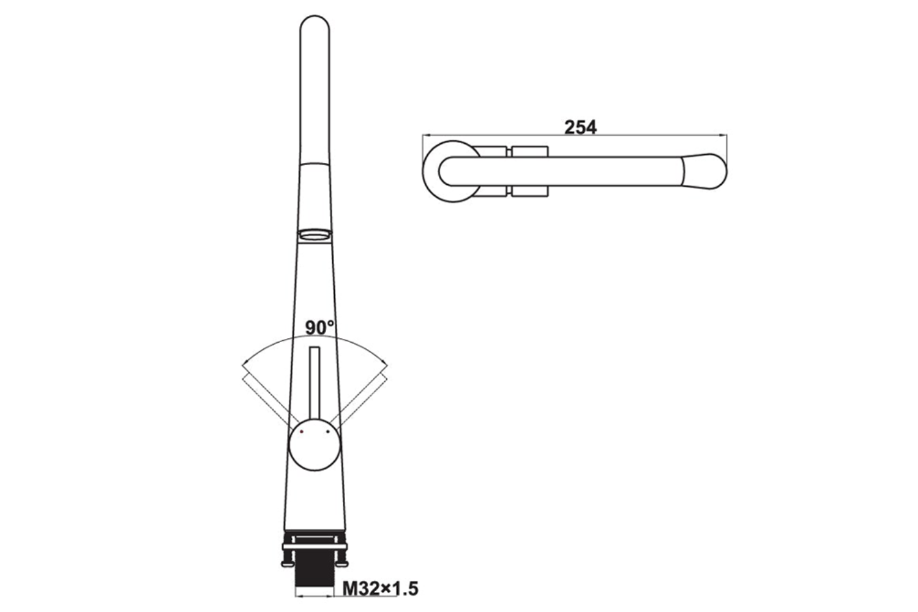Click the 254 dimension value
(x=580, y=127)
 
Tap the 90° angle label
(x=319, y=327)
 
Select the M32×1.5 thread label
(x=380, y=589)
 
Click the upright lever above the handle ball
(x=315, y=383)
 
